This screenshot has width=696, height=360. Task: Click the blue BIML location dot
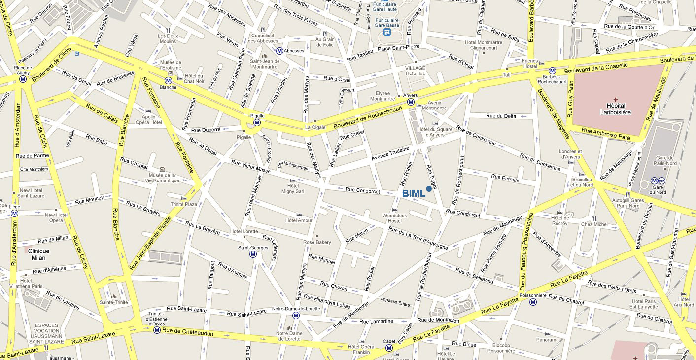429,188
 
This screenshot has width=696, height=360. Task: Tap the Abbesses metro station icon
279,50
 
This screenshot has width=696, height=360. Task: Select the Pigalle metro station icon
257,122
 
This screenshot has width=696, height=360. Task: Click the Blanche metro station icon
168,80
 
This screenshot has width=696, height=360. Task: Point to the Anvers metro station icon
410,102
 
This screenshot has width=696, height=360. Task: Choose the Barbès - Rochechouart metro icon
553,71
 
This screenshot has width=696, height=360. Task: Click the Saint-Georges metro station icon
253,254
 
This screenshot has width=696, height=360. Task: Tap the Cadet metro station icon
389,348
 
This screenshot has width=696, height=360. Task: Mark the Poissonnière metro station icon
533,302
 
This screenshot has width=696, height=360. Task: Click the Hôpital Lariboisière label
615,109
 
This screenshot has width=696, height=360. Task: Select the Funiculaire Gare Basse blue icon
387,32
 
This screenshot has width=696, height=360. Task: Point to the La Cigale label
315,127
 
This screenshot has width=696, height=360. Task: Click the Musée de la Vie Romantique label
162,178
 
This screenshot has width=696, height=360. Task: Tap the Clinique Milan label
38,254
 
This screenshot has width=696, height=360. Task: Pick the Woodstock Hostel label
395,218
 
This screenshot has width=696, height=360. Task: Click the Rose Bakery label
317,242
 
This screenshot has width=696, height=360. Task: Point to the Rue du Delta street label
501,116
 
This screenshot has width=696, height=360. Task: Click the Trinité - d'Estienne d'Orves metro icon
157,330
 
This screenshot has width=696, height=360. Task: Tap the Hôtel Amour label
299,220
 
